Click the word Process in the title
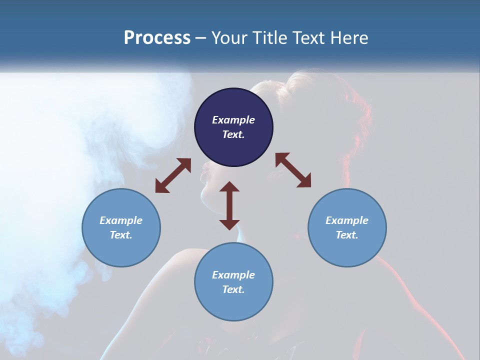[157, 38]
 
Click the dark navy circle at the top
[233, 127]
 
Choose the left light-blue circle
[121, 228]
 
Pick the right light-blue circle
[346, 228]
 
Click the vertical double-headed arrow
[229, 205]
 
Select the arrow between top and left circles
[173, 175]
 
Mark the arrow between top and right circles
[293, 170]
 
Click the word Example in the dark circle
[233, 120]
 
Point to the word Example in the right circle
[346, 220]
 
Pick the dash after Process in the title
[200, 38]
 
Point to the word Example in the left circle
[121, 220]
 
